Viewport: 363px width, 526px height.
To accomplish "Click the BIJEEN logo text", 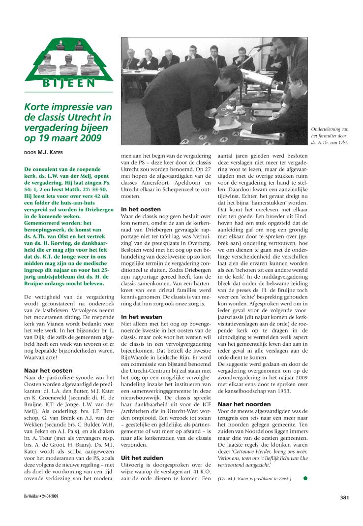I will coord(69,83).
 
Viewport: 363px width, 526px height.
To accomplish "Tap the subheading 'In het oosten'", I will coord(141,209).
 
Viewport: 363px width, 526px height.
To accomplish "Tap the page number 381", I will coord(344,497).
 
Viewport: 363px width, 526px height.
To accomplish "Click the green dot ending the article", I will coord(305,477).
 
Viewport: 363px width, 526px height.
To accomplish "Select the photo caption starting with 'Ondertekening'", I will coord(330,135).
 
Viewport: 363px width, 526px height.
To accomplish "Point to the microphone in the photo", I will coord(265,45).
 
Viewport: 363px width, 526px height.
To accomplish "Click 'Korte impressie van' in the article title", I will coord(68,107).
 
